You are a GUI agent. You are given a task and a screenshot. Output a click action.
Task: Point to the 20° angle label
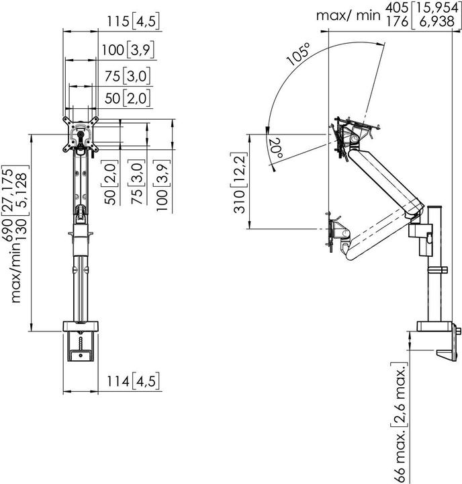(x=275, y=148)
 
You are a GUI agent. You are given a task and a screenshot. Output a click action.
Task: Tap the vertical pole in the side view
(x=434, y=282)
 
